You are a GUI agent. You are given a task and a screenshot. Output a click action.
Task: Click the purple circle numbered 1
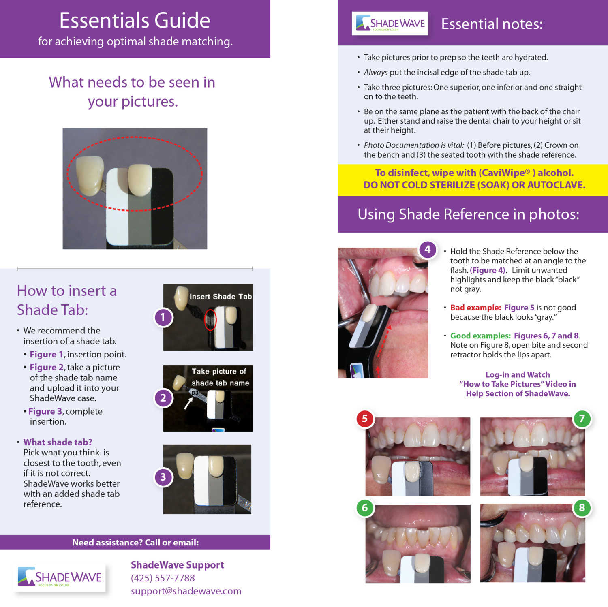coord(163,317)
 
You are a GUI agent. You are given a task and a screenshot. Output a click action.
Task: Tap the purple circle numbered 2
coord(163,398)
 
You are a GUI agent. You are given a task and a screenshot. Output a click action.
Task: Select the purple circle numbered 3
coord(163,477)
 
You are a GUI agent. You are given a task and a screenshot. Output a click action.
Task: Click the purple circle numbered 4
coord(428,250)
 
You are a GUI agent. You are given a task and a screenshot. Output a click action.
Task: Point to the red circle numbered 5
coord(365,419)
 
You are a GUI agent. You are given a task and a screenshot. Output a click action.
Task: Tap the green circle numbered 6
coord(365,508)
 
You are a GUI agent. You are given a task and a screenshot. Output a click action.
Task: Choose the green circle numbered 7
coord(582,419)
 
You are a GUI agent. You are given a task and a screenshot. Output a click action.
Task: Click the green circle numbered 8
coord(582,508)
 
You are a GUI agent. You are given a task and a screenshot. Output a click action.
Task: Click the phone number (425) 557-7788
coord(163,578)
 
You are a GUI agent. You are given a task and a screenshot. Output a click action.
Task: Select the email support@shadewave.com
coord(186,591)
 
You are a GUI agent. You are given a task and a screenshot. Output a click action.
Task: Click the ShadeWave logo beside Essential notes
coord(390,24)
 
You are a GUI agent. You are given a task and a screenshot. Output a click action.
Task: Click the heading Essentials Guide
coord(135,20)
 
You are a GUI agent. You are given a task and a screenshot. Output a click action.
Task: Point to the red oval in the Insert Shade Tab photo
coord(210,320)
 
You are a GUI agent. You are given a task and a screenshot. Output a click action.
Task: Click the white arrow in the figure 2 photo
coord(188,403)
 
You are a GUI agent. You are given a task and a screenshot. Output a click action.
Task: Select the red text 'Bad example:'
coord(475,308)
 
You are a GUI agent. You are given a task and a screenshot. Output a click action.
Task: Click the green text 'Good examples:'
coord(480,336)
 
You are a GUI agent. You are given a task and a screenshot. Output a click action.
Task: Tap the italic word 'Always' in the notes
coord(376,72)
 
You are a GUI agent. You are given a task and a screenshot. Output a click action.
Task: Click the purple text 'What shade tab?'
coord(58,442)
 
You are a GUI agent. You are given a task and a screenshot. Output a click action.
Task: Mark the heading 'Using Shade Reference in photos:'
coord(468,214)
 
